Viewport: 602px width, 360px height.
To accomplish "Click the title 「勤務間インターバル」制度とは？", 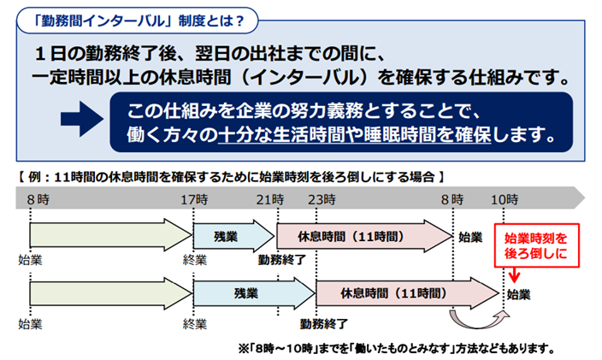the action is pos(138,21).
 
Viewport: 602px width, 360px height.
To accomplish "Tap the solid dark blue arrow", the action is pos(82,119).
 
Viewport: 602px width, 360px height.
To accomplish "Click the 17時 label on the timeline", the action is pos(194,199).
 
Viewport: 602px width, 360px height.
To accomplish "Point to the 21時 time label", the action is pos(270,199).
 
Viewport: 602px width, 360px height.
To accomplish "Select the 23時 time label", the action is pos(322,199).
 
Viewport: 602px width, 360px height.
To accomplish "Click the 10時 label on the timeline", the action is pos(505,199).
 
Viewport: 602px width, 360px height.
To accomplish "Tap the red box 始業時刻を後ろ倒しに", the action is pos(536,245).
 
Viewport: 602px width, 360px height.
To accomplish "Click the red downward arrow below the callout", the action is pos(515,274).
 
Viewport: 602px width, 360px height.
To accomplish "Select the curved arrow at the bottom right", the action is pos(479,321).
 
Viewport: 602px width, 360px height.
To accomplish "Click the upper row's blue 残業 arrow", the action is pos(233,236).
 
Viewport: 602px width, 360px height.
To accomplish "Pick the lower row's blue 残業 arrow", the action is pos(254,293).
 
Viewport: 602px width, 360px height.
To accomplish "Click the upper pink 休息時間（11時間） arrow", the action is pos(364,236).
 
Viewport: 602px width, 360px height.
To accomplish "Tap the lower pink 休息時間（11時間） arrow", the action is pos(407,293).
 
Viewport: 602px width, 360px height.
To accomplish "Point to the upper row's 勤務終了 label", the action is pos(282,260).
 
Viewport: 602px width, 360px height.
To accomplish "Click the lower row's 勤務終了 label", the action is pos(323,324).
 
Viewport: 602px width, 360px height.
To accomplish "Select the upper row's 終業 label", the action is pos(195,260).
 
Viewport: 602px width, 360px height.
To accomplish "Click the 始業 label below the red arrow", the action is pos(519,295).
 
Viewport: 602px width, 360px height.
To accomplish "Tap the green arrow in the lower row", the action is pos(110,293).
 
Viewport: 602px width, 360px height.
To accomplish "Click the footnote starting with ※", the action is pos(397,349).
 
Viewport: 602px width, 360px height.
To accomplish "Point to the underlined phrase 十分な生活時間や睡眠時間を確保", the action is pos(354,135).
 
